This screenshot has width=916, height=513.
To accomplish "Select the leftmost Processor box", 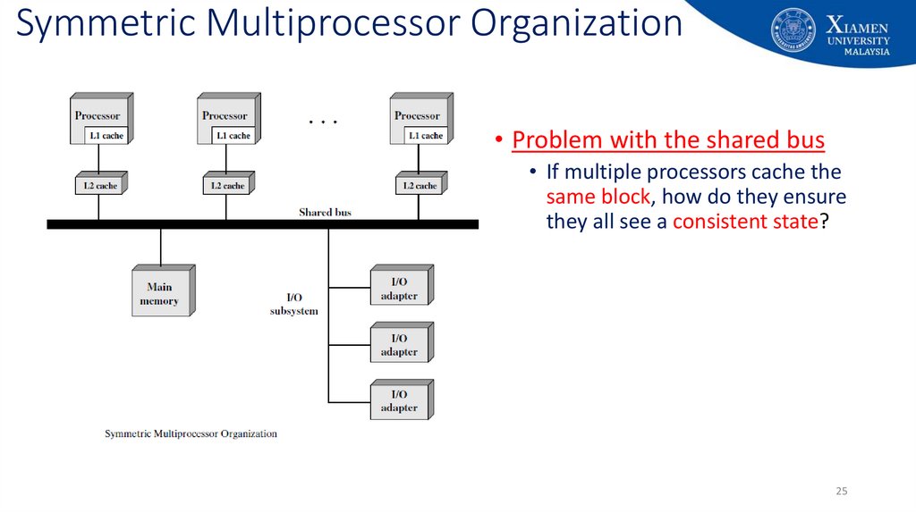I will point(98,115).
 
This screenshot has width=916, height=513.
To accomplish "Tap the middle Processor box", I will point(225,115).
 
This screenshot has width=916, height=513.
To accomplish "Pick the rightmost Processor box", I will point(417,115).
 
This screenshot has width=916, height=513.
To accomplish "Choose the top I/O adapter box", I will point(399,289).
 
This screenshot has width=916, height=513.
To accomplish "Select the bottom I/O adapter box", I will point(399,401).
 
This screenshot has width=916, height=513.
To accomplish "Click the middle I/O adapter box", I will point(399,345).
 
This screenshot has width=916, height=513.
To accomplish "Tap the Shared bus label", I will point(325,213).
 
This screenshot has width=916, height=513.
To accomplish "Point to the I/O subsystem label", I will point(293,304).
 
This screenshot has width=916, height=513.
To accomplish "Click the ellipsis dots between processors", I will point(322,122).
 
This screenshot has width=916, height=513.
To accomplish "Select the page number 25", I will point(841,492).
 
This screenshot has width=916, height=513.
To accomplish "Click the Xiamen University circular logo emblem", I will point(793,30).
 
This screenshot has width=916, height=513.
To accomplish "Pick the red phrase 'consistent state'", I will point(745,222).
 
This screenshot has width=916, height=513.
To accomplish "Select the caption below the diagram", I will point(191,434).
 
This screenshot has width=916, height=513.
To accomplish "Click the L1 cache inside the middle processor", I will point(233,136).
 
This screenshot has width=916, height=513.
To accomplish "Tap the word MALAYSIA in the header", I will point(867,52).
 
